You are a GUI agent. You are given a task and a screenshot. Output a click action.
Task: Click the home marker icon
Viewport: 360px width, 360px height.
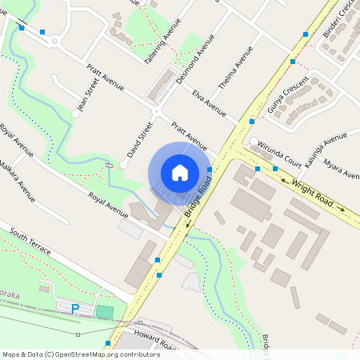(x=180, y=172)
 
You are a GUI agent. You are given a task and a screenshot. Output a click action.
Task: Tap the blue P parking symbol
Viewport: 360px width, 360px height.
(x=76, y=309)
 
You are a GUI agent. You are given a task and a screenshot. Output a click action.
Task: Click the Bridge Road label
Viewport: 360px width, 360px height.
(x=198, y=200)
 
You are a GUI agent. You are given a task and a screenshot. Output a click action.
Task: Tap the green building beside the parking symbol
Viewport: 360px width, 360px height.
(x=105, y=311)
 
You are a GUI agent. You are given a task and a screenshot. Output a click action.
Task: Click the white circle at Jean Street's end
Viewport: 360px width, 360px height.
(x=75, y=114)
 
